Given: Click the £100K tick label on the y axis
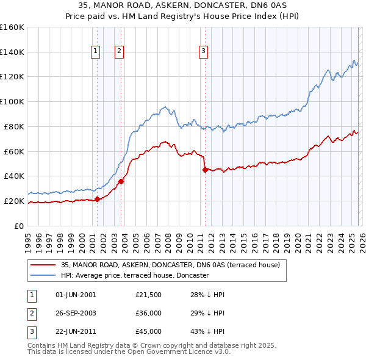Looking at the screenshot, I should point(12,101).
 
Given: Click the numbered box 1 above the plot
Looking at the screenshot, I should point(96,52).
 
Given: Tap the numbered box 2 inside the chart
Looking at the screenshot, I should point(119,52).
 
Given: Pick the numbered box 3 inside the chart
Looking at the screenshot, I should point(203,52).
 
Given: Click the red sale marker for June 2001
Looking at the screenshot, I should point(97,198).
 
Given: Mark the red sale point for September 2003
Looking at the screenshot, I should point(121,181).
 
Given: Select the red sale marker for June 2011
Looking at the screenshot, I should point(205,170).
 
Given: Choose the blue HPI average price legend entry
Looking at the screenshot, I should point(134,275).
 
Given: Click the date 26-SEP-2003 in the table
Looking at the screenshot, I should point(76,313).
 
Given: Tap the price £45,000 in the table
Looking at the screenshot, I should point(149,331).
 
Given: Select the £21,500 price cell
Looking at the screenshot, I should point(149,295).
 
